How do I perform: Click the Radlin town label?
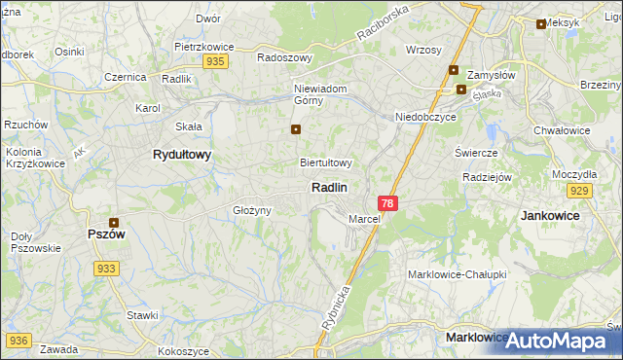(329, 187)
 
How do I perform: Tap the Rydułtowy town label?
(182, 155)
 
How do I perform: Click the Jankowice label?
(550, 215)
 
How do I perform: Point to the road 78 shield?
(388, 203)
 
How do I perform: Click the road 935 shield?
(216, 61)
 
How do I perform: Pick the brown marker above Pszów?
(114, 223)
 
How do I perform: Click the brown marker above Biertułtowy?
(296, 129)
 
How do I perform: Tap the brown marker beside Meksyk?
(541, 24)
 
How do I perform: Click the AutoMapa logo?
(558, 341)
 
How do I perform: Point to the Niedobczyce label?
(425, 117)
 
